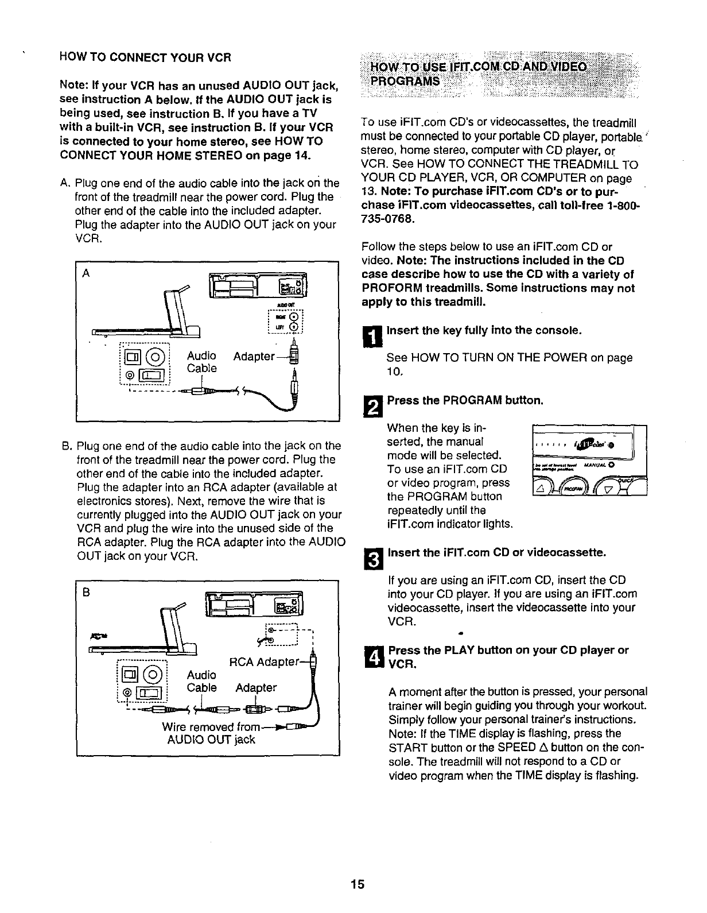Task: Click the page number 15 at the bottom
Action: click(358, 884)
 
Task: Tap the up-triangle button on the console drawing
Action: click(541, 488)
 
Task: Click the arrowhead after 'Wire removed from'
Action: click(279, 727)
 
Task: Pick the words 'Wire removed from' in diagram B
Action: click(211, 727)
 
